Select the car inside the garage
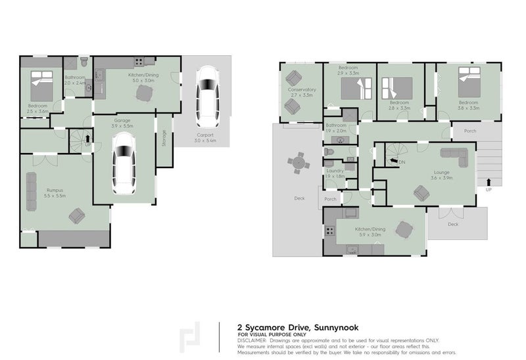[123, 165]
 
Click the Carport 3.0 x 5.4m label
[206, 137]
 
